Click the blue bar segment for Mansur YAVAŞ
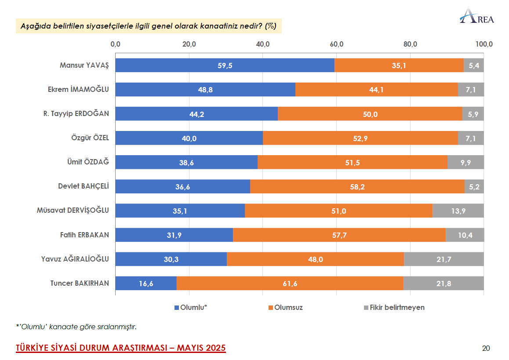tap(225, 65)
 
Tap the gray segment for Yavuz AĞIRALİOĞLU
tap(444, 259)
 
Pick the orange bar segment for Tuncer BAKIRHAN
tap(290, 284)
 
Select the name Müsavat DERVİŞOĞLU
tap(73, 211)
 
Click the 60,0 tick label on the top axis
tap(337, 44)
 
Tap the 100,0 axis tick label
tap(484, 44)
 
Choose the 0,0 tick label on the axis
tap(116, 44)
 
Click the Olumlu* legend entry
tap(191, 308)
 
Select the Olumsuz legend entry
tap(286, 308)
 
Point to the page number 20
tap(486, 349)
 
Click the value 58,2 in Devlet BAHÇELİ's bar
tap(357, 187)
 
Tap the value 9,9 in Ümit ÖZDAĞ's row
tap(465, 163)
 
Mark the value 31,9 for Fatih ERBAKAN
tap(174, 235)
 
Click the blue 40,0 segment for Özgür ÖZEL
tap(189, 138)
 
